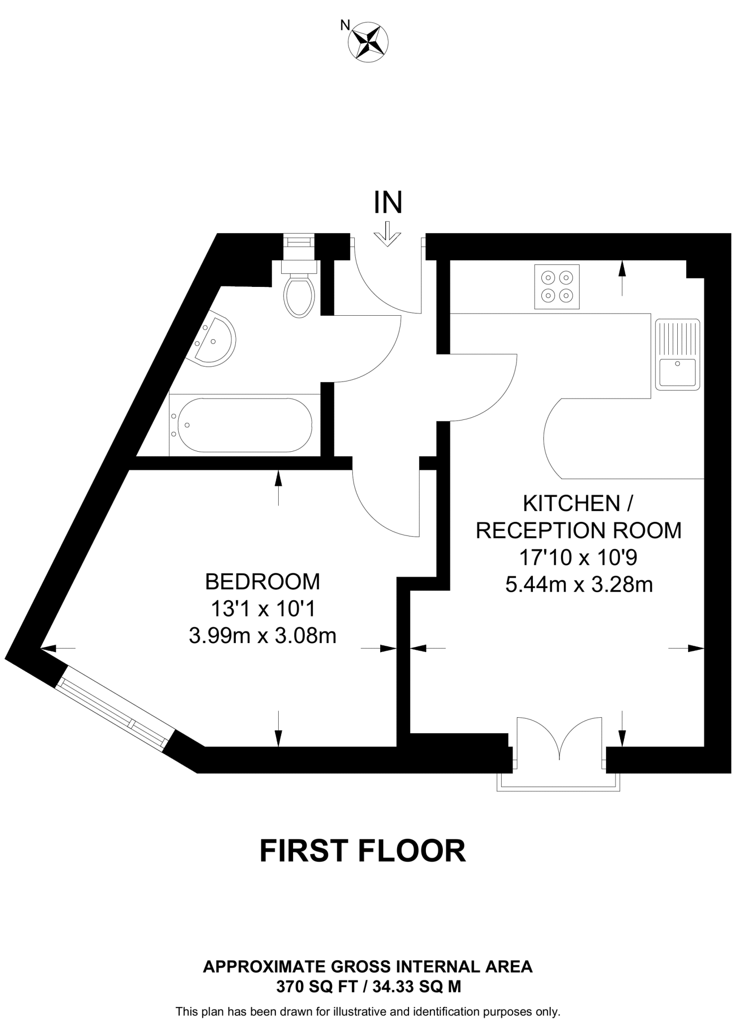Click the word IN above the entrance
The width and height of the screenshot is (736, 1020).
point(388,203)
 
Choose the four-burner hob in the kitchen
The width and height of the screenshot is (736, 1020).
point(557,287)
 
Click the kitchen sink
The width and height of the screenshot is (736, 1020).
point(678,354)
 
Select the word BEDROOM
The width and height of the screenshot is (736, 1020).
point(263,582)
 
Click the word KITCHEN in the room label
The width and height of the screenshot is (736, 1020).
point(571,504)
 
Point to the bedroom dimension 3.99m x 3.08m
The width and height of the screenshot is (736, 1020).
point(263,636)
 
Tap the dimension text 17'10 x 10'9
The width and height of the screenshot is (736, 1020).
point(578,558)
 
